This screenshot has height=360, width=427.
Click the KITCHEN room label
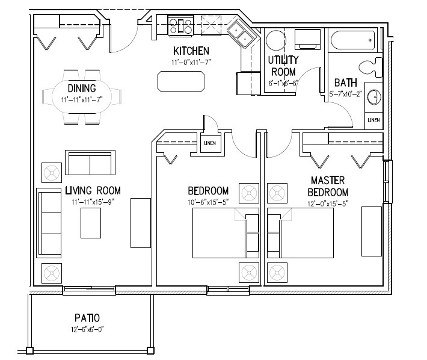pyautogui.click(x=191, y=51)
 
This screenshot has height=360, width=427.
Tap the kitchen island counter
pyautogui.click(x=180, y=81)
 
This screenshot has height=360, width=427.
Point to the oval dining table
pyautogui.click(x=81, y=96)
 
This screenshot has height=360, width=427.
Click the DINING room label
pyautogui.click(x=81, y=89)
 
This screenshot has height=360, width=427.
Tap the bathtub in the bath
pyautogui.click(x=353, y=40)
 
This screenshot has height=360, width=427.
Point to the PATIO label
pyautogui.click(x=87, y=318)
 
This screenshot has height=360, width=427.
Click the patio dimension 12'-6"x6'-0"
pyautogui.click(x=87, y=329)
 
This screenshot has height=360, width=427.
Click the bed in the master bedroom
pyautogui.click(x=301, y=234)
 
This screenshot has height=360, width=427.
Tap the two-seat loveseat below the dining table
pyautogui.click(x=89, y=163)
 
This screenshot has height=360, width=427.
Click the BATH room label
pyautogui.click(x=345, y=82)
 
